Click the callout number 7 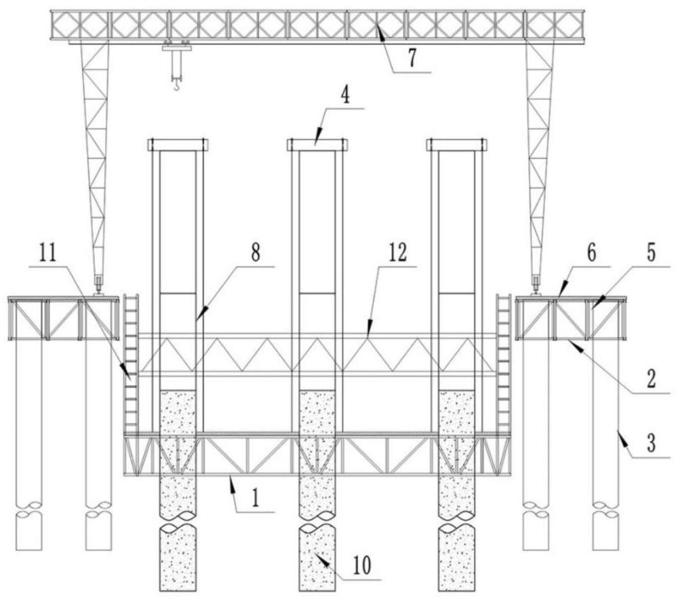pos(412,60)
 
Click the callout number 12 pos(398,252)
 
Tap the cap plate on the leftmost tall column pos(178,144)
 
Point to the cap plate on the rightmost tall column pos(456,144)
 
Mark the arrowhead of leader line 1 pos(231,479)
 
